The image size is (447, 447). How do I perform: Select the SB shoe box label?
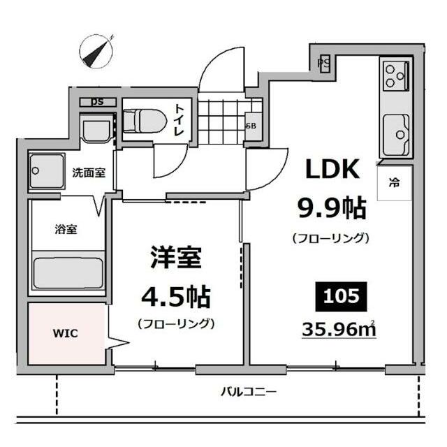[x=251, y=126]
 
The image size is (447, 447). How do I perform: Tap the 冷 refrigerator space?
[x=395, y=184]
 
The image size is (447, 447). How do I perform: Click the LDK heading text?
[x=330, y=170]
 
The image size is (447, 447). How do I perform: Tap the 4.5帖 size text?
[x=175, y=297]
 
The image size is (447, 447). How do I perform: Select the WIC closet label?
[x=66, y=333]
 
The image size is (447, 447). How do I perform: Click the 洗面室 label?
[x=89, y=173]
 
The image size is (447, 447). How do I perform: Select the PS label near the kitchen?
[x=323, y=63]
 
